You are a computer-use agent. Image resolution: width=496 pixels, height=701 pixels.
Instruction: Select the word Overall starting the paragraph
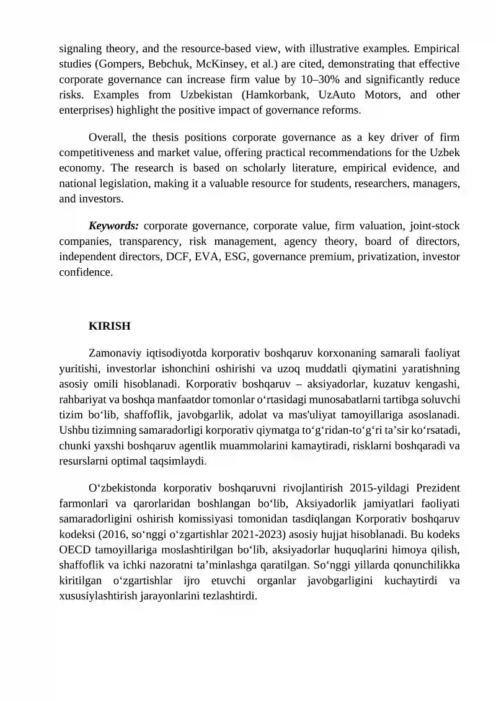[x=107, y=137]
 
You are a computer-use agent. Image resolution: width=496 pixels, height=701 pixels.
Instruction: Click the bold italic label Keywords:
[x=114, y=226]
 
